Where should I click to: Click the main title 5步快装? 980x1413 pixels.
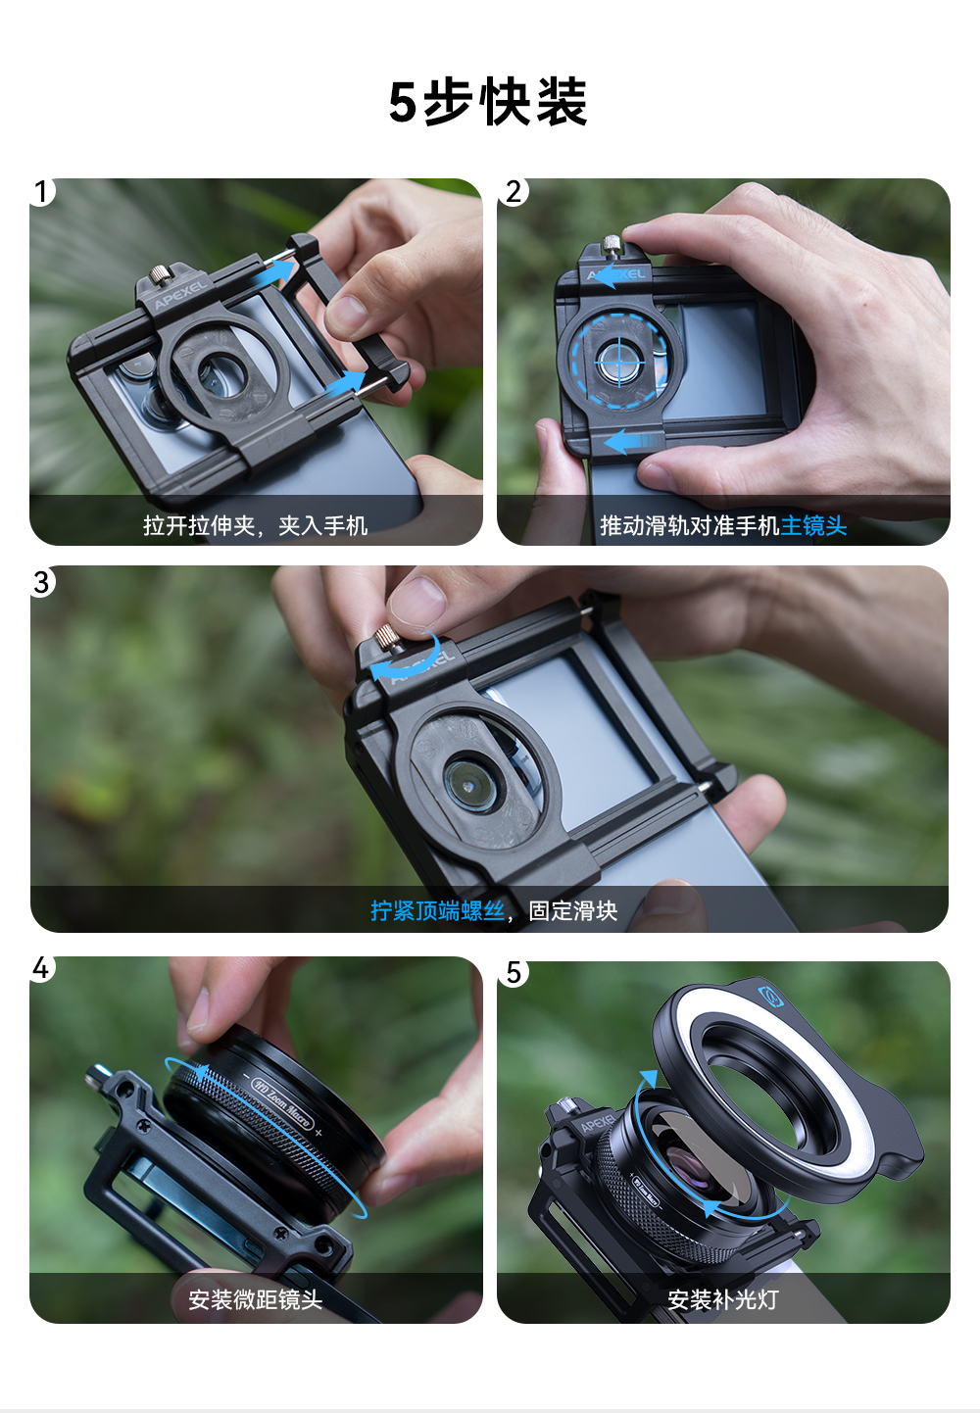tap(488, 102)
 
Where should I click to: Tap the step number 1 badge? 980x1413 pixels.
tap(41, 192)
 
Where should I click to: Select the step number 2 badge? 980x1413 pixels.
tap(514, 192)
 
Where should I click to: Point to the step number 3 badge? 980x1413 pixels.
tap(41, 582)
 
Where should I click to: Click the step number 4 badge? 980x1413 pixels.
tap(41, 968)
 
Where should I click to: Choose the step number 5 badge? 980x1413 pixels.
tap(514, 973)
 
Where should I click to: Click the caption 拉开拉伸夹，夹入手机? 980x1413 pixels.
tap(255, 525)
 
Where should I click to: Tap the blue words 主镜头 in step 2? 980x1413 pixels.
tap(813, 525)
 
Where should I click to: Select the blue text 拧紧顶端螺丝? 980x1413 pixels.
tap(437, 910)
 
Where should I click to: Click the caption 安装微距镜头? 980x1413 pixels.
tap(255, 1299)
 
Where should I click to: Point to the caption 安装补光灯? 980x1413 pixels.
tap(723, 1299)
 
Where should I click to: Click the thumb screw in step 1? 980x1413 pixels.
tap(159, 275)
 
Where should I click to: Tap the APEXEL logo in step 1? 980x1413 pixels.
tap(180, 295)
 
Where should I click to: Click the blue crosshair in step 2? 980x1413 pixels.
tap(619, 363)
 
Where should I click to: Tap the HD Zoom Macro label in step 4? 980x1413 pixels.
tap(281, 1103)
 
